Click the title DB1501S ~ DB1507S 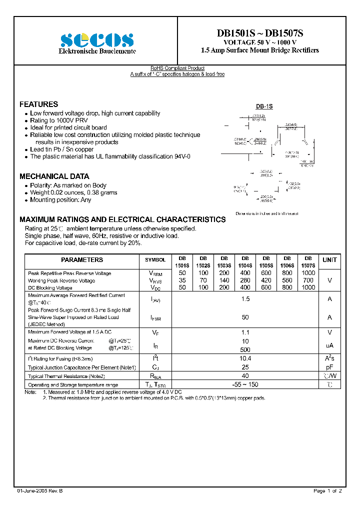[259, 33]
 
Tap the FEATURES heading [38, 104]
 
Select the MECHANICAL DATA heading [54, 176]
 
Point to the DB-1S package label [264, 106]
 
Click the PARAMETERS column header [82, 260]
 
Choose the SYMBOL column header [155, 260]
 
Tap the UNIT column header [329, 260]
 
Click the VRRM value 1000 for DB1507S [308, 273]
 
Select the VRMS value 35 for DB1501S [182, 280]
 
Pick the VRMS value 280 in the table [245, 280]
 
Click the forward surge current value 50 [245, 317]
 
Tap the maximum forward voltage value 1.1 [245, 332]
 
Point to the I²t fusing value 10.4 [245, 358]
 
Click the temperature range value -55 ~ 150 [245, 384]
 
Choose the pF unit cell [329, 367]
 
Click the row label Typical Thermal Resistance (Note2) [66, 376]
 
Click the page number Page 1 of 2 [327, 491]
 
